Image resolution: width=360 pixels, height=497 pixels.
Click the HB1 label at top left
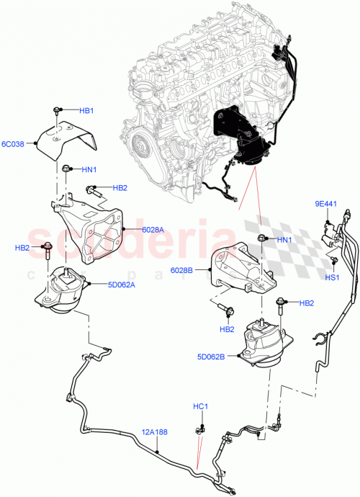86,111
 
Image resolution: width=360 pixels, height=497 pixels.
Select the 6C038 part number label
15,144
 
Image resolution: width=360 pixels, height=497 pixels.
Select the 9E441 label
325,205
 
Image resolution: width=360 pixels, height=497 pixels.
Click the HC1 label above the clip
200,407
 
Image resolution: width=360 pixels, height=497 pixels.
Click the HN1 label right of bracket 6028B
284,239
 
